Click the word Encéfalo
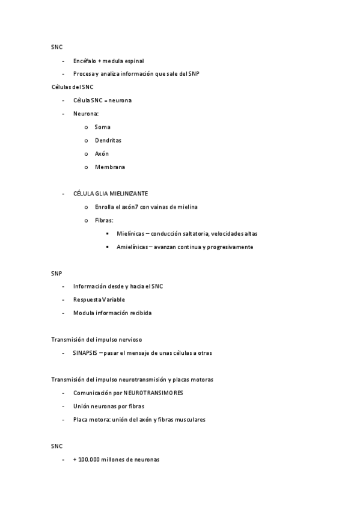(84, 61)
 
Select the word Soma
(102, 127)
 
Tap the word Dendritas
(108, 140)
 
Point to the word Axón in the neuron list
(102, 153)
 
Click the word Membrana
(109, 167)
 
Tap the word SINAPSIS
(85, 353)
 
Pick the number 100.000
(90, 459)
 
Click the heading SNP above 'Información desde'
(56, 273)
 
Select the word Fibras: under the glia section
(104, 220)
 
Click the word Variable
(113, 300)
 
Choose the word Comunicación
(91, 393)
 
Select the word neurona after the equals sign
(120, 100)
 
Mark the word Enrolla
(105, 207)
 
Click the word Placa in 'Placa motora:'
(81, 419)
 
